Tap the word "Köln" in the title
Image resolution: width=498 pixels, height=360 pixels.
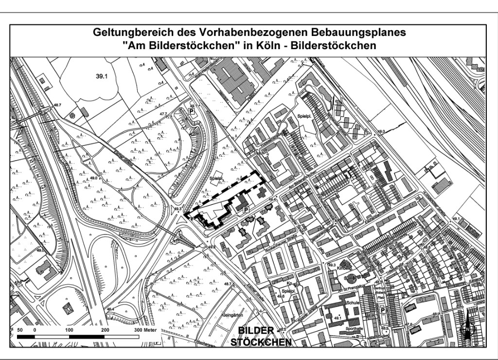pyautogui.click(x=265, y=45)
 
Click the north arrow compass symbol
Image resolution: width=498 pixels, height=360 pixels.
pyautogui.click(x=467, y=329)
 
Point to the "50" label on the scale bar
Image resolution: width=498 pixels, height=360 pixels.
pyautogui.click(x=21, y=330)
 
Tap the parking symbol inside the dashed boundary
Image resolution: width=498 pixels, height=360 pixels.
pyautogui.click(x=247, y=209)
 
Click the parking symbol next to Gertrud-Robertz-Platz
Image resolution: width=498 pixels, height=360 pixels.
pyautogui.click(x=383, y=310)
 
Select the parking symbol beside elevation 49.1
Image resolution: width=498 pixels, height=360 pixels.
pyautogui.click(x=193, y=111)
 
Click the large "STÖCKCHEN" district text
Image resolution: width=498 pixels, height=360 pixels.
pyautogui.click(x=262, y=342)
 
